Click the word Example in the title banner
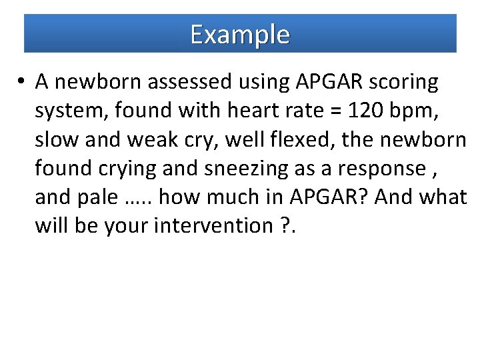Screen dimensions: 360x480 point(240,34)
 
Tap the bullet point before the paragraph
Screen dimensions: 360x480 point(22,82)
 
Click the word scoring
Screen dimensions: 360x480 point(407,82)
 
